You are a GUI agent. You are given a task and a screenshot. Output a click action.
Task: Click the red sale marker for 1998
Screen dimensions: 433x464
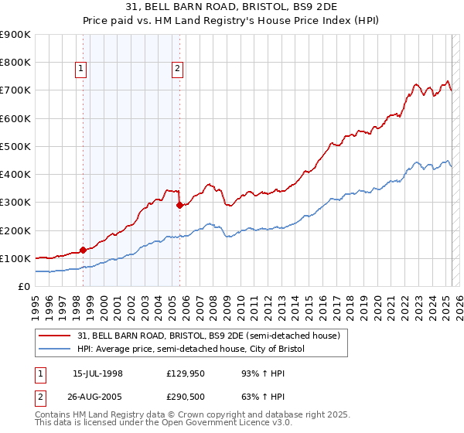pos(83,250)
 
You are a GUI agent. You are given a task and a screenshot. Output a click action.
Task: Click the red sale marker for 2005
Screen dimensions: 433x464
pos(179,205)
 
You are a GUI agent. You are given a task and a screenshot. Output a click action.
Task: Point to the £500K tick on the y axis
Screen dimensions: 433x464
pos(15,146)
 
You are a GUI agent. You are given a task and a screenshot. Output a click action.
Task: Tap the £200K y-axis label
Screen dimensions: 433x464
pos(15,230)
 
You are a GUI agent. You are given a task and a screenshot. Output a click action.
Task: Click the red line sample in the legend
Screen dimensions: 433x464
pos(55,335)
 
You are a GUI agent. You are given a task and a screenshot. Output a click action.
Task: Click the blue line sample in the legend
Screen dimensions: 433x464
pos(55,349)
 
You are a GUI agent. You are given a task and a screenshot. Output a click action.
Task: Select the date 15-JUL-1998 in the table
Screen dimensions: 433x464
pos(98,373)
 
